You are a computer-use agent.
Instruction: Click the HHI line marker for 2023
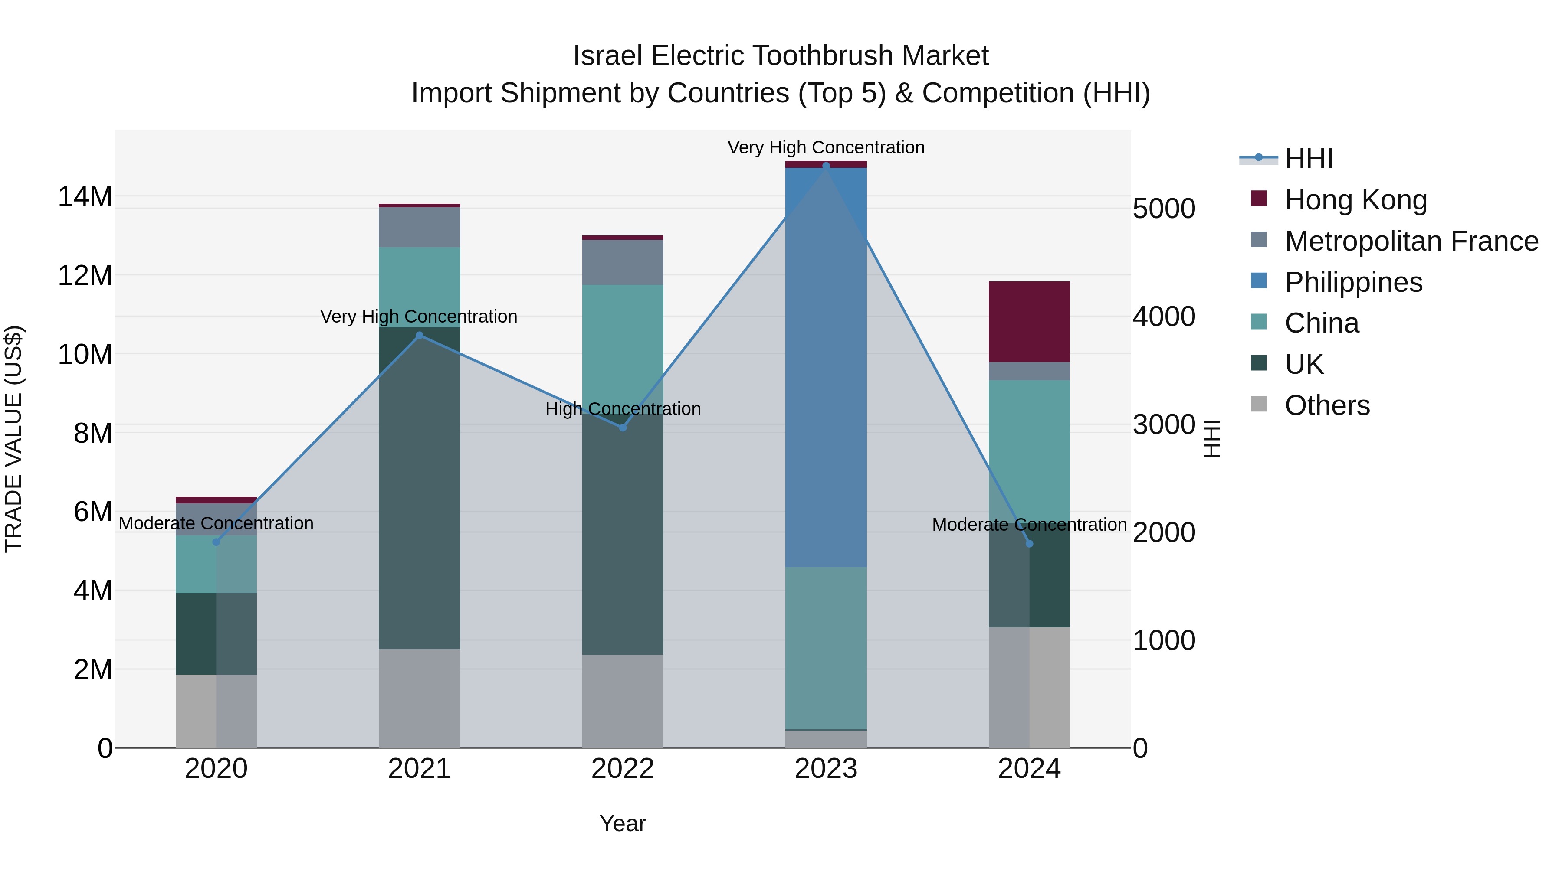(826, 166)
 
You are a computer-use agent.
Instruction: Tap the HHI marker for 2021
(420, 335)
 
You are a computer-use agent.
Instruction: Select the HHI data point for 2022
(623, 428)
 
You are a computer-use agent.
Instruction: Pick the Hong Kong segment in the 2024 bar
(1029, 322)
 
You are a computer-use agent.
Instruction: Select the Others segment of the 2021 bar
(420, 698)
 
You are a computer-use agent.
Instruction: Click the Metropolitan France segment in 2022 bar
(623, 262)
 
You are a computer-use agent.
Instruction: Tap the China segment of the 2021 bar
(420, 287)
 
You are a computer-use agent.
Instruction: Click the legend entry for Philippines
(1353, 282)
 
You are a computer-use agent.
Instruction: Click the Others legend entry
(1327, 405)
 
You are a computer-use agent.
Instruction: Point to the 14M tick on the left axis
(85, 197)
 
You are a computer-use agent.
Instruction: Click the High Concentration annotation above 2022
(623, 409)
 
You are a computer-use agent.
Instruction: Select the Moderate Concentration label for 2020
(216, 523)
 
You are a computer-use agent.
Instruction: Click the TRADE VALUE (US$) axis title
(13, 439)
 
